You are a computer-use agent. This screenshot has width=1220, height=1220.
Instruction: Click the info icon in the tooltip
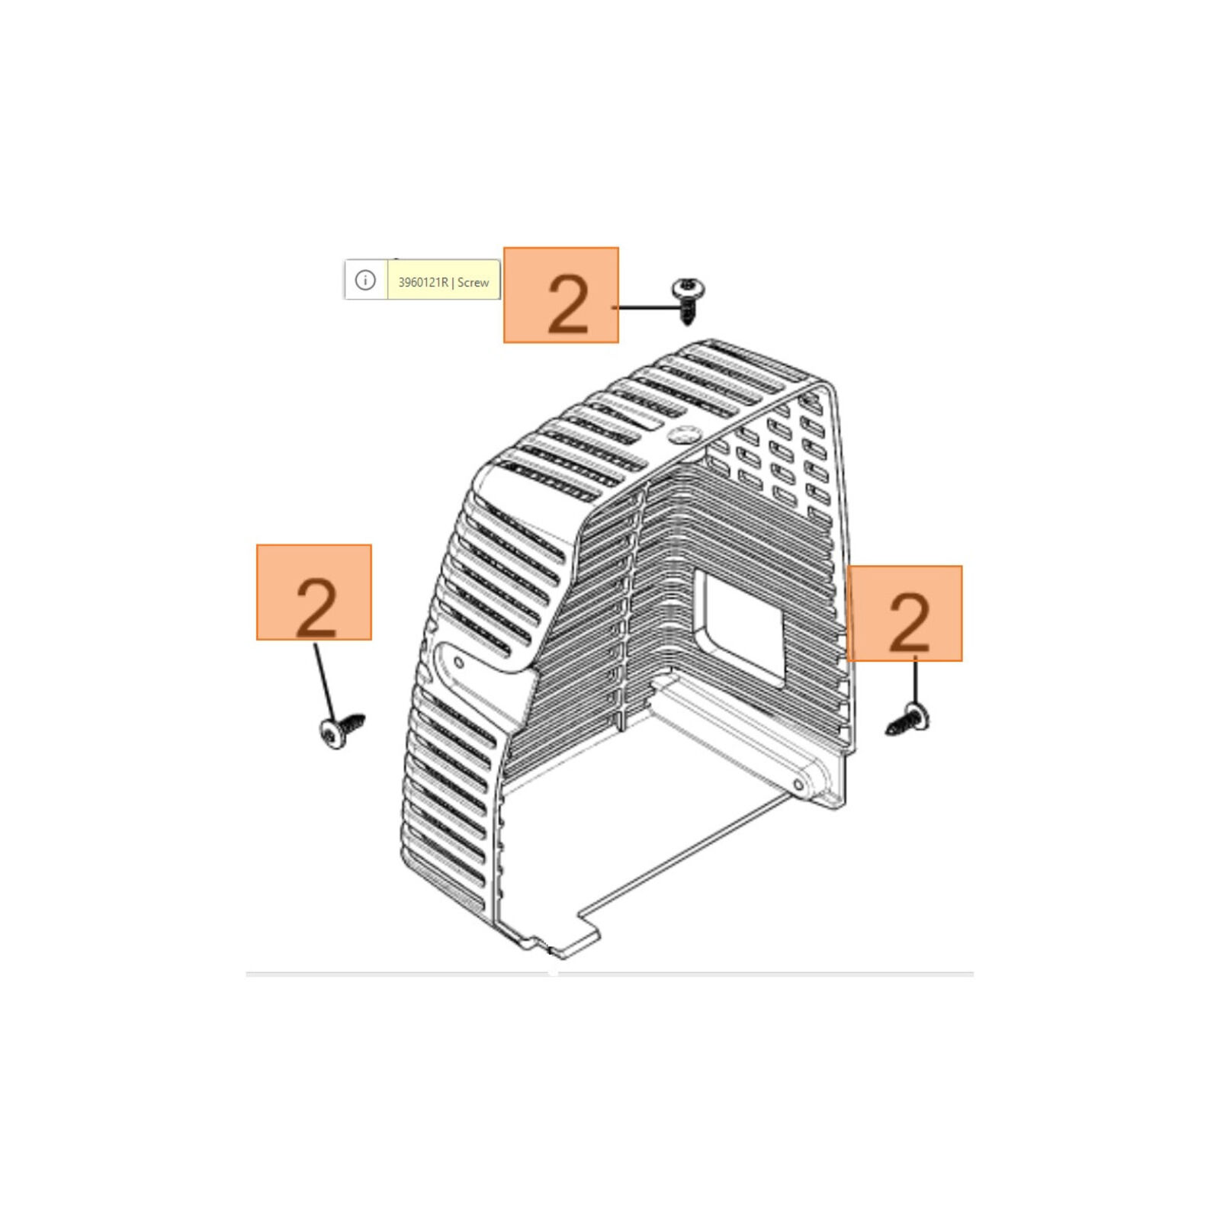point(365,281)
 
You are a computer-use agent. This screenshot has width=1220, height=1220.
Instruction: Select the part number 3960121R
point(423,282)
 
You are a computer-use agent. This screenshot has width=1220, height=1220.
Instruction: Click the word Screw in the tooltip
point(473,282)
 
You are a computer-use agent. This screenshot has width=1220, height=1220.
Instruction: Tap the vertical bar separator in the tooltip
point(453,282)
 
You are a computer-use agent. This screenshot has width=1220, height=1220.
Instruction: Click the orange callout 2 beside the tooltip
point(560,295)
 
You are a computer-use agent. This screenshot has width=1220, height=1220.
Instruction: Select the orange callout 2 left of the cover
point(314,592)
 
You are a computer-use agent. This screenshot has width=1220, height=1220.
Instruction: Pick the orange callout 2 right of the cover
point(904,613)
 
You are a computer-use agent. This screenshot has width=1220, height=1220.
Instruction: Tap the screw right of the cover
point(908,720)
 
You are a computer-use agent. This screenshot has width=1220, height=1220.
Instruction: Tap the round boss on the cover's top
point(683,434)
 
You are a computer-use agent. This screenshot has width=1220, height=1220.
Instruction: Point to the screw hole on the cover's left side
point(458,663)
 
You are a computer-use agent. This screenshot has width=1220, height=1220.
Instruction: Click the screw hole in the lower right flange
point(798,785)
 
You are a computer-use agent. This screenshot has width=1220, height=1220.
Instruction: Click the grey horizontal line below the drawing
point(610,974)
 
